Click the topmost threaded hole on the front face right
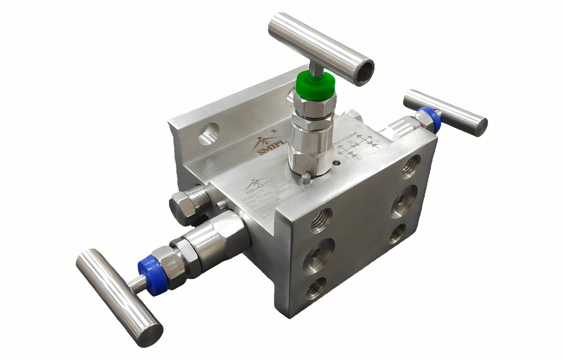(x=411, y=165)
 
